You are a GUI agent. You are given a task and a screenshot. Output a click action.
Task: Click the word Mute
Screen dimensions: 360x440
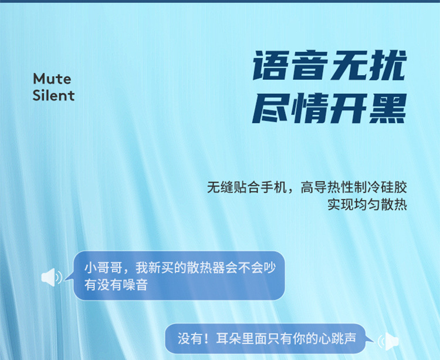52,79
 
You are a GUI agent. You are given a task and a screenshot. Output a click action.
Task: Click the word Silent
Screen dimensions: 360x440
53,95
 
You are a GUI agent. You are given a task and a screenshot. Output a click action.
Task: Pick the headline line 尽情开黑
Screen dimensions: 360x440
329,108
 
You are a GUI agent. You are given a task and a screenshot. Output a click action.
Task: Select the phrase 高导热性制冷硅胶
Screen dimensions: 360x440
354,189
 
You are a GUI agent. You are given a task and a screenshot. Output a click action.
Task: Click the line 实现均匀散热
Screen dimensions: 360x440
367,205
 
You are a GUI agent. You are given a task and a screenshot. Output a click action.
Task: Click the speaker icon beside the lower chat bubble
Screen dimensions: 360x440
388,340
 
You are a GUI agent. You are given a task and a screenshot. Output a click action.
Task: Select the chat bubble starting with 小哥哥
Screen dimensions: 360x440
178,276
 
